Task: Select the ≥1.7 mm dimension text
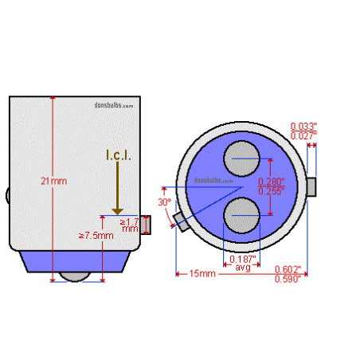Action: tap(128, 225)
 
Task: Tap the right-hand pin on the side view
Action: tap(145, 226)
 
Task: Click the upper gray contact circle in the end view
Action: tap(241, 157)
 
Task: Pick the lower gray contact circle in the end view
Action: tap(241, 216)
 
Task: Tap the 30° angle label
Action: tap(165, 203)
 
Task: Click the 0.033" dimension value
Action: tap(303, 126)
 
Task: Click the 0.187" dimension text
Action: tap(242, 259)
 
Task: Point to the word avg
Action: tap(242, 268)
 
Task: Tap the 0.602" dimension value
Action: tap(288, 269)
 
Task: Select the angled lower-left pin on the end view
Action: tap(179, 225)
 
